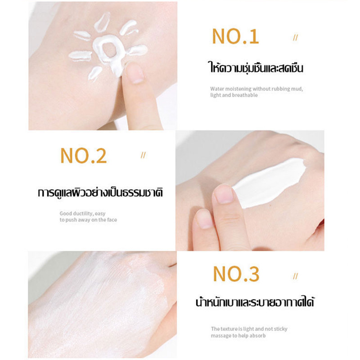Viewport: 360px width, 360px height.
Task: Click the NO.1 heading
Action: coord(235,36)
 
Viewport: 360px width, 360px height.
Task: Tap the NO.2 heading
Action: coord(84,155)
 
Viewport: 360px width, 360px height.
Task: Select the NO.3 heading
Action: coord(236,274)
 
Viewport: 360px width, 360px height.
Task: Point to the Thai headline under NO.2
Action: coord(100,193)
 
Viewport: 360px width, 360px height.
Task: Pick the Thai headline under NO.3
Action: coord(255,301)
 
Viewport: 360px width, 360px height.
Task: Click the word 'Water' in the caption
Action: coord(217,89)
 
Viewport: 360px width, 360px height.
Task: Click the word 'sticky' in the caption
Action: coord(280,329)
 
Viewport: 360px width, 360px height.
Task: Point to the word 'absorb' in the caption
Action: coord(257,336)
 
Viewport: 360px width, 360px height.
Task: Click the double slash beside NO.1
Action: coord(296,38)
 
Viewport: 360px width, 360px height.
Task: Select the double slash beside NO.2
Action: coord(143,155)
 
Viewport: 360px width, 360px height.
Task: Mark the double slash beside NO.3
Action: coord(296,276)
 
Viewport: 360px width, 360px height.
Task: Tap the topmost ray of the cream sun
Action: coord(103,22)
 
